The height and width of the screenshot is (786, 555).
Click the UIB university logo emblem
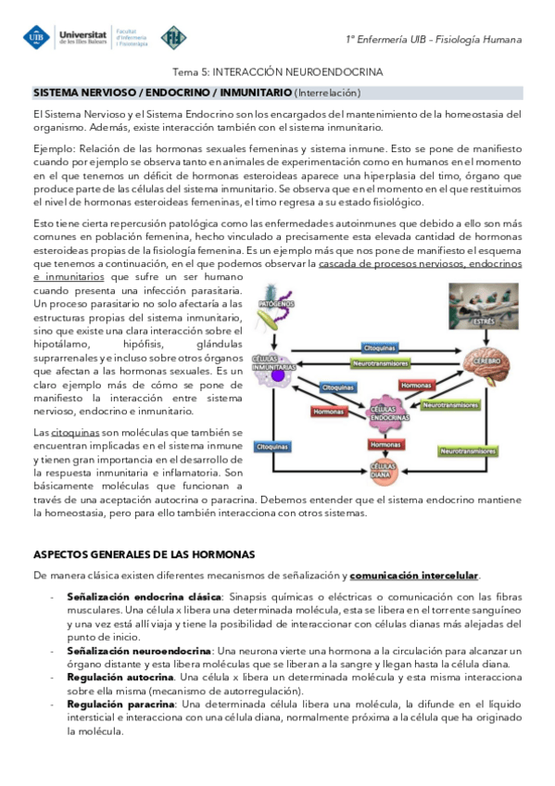pyautogui.click(x=39, y=37)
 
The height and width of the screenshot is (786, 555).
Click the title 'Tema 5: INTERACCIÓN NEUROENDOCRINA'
pyautogui.click(x=278, y=71)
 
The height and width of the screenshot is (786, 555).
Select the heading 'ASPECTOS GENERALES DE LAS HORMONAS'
pyautogui.click(x=144, y=554)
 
